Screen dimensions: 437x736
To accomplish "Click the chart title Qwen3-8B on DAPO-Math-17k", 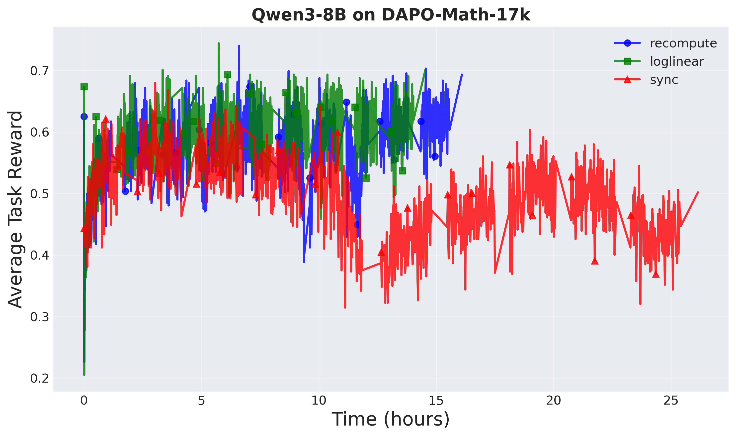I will (x=391, y=15).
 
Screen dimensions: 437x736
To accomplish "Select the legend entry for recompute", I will (x=683, y=43).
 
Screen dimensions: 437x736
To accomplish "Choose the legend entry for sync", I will (x=664, y=80).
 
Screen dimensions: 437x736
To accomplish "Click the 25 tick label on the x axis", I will (x=671, y=401).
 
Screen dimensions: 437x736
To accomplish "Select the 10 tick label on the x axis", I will (x=319, y=401).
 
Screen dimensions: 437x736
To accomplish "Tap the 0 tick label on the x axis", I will (x=84, y=401).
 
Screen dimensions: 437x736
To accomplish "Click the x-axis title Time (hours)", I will (x=391, y=419).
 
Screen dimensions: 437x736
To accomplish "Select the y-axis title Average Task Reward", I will (x=15, y=210).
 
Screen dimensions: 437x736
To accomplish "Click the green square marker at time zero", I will (x=84, y=87).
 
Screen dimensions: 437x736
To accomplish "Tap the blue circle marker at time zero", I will (x=84, y=117).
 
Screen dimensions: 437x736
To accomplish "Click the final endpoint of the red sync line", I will (x=698, y=192).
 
